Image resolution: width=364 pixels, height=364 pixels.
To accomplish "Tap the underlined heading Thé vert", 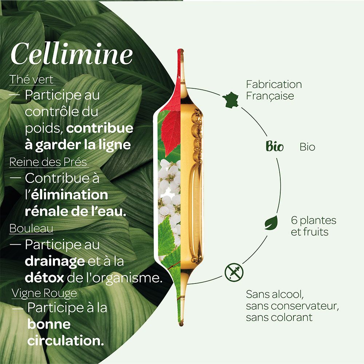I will point(32,79).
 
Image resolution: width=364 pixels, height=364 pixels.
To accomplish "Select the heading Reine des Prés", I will point(48,162).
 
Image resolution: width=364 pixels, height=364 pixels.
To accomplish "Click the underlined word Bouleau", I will point(31,229).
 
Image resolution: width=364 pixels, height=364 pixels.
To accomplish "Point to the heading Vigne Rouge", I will point(44,293).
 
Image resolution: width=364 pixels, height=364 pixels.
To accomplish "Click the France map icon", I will point(231,100).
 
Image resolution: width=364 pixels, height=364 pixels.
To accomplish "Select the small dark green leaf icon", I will point(271,222).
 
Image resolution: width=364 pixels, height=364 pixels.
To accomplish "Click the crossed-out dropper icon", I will point(234,273).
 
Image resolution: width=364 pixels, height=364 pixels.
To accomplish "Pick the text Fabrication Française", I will point(274,90).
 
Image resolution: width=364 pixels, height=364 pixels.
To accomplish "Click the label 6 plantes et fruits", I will point(313,226).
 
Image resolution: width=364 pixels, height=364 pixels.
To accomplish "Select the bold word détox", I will point(43,278).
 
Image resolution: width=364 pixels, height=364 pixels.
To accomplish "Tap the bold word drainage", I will point(55,261).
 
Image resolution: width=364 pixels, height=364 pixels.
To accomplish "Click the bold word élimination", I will point(70,195).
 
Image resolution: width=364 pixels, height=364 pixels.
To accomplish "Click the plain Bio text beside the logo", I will point(308,147).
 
